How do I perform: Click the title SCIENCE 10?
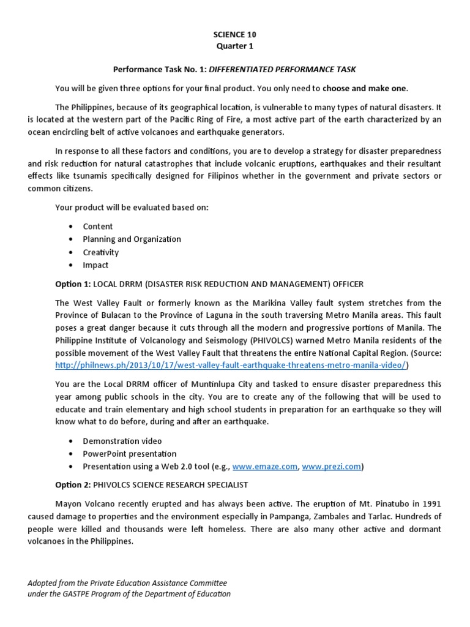[234, 33]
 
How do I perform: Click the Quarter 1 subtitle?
[234, 46]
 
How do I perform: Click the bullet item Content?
[98, 227]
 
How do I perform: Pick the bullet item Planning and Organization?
[132, 239]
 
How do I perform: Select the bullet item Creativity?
[101, 252]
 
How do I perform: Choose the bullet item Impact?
[95, 265]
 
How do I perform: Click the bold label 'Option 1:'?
[73, 284]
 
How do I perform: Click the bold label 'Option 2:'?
[73, 484]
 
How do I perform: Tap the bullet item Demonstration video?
[122, 441]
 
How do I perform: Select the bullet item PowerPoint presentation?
[130, 454]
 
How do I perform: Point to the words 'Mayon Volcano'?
[83, 503]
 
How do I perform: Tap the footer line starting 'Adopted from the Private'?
[127, 584]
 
